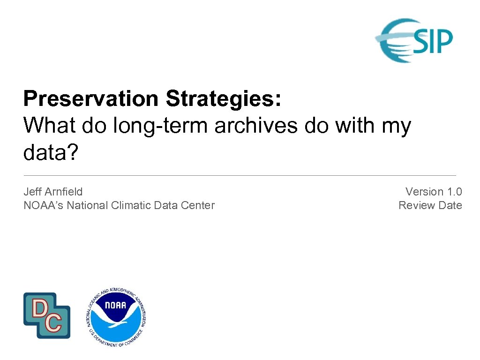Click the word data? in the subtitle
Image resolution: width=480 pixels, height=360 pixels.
49,152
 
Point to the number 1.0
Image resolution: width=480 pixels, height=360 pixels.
454,192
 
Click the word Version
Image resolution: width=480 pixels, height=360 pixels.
424,192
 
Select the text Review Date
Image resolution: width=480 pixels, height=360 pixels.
430,205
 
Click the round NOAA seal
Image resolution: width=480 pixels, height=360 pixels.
117,317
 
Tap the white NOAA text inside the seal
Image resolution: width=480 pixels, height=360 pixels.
116,305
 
